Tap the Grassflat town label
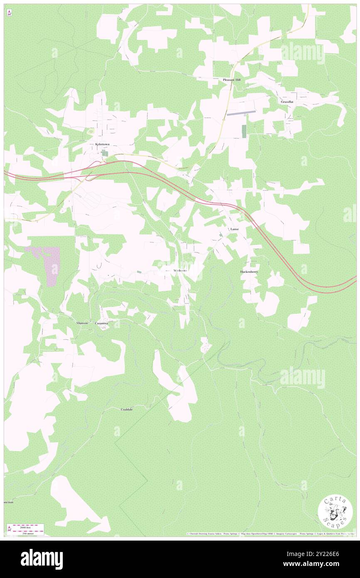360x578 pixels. (287, 101)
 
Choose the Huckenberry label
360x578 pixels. (249, 272)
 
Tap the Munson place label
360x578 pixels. (82, 323)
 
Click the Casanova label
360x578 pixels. (102, 323)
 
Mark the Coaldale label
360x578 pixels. (127, 409)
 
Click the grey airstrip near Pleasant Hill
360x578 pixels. (241, 112)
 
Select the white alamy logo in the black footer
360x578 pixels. (42, 559)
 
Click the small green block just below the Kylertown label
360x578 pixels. (105, 153)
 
